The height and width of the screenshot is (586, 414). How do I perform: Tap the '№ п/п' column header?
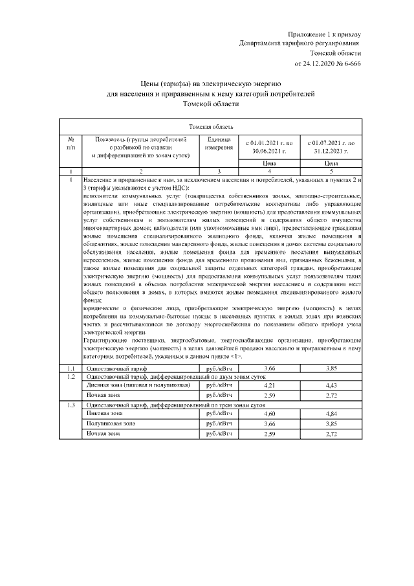(70, 143)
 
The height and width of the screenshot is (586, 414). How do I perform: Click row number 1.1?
(70, 368)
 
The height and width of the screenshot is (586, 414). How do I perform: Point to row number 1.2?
(70, 376)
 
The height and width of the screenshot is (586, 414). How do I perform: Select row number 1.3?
(70, 404)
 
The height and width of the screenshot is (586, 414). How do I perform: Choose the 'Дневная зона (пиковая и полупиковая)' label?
(138, 385)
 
